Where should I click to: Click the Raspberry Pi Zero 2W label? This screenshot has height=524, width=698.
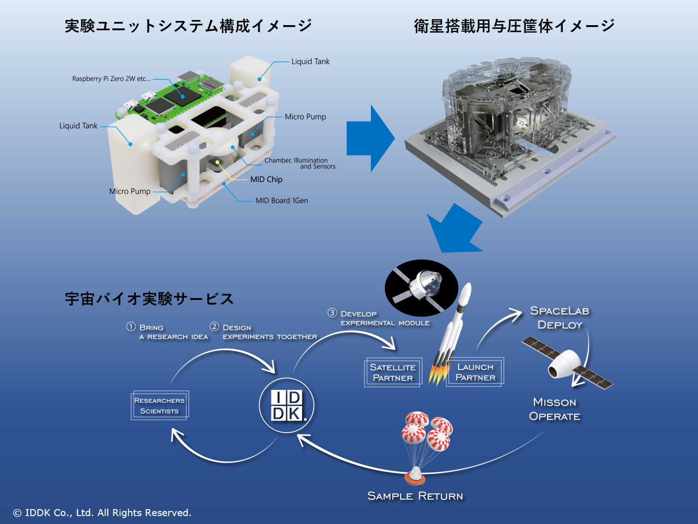coord(111,79)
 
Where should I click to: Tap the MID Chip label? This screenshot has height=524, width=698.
coord(266,179)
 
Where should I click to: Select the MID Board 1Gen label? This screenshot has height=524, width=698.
coord(282,201)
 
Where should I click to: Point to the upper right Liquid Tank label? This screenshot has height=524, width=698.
coord(310,61)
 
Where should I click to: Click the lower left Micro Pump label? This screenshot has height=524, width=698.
coord(130,191)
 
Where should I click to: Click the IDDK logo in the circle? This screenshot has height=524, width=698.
coord(287,405)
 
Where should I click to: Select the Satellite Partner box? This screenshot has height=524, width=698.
coord(393,373)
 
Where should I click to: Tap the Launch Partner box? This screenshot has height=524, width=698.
coord(475,372)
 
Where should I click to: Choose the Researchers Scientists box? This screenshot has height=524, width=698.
coord(160,405)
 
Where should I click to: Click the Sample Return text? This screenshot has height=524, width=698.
coord(415,496)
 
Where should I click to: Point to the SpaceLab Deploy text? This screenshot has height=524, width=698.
coord(560,318)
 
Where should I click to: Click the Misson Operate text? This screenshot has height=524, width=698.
coord(555,409)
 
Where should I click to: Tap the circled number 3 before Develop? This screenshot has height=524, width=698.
coord(332,313)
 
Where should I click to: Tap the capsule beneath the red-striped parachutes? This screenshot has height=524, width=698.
coord(414,475)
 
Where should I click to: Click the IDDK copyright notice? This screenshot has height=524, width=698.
coord(102,513)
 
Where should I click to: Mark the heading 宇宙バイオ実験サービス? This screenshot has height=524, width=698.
coord(149,299)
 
